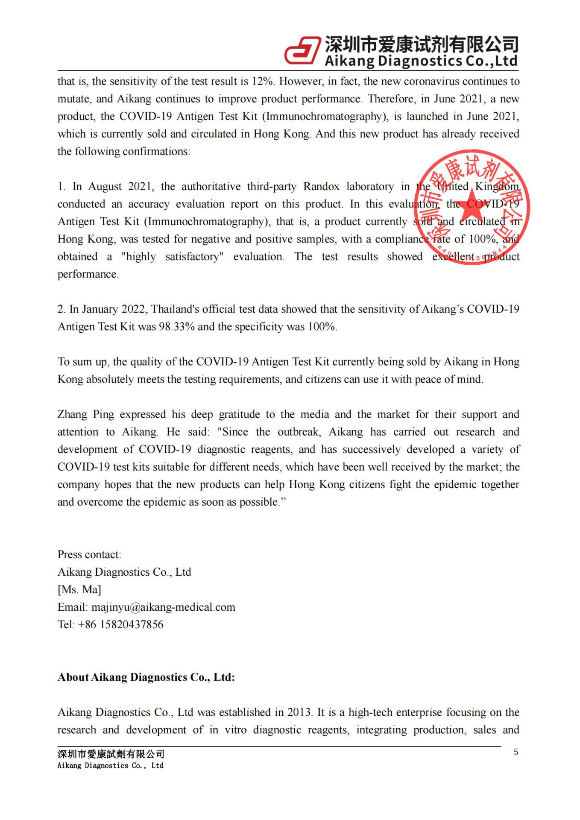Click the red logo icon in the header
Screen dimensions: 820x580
click(302, 50)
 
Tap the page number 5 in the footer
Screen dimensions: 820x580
click(516, 752)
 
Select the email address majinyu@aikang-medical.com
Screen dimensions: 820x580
click(163, 607)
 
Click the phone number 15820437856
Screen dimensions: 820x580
click(132, 624)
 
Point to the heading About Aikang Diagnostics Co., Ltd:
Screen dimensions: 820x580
click(146, 677)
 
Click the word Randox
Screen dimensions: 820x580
click(321, 187)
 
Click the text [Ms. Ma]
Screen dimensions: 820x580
click(79, 589)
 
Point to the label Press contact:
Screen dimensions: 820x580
click(89, 554)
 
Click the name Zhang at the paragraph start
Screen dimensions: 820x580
click(72, 414)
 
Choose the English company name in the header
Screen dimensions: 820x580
click(421, 61)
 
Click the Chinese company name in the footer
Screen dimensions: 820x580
click(111, 754)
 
